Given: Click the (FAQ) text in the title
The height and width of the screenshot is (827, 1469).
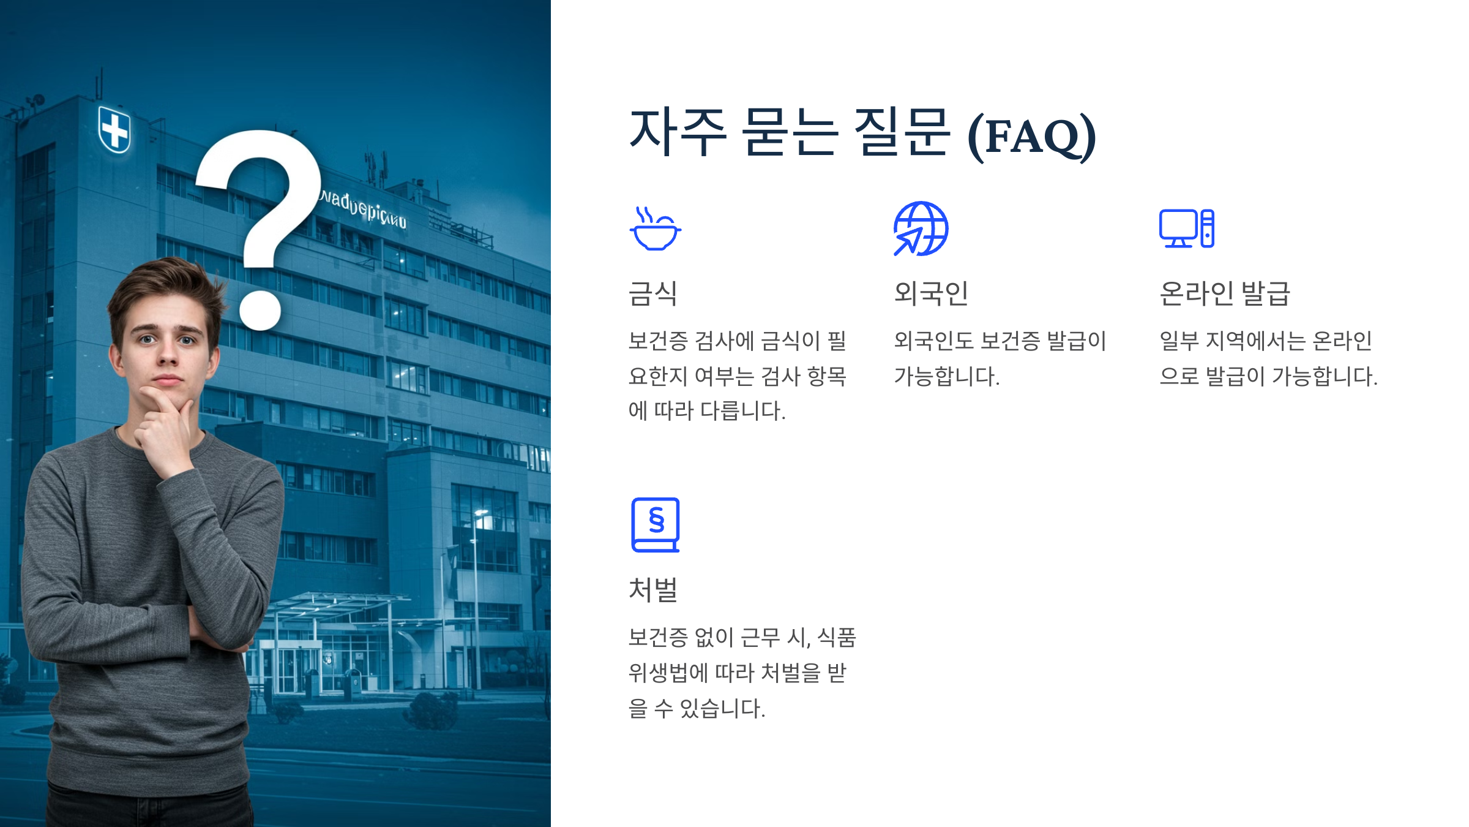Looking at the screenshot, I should coord(1031,136).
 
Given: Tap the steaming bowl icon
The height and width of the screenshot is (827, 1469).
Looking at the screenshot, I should coord(655,229).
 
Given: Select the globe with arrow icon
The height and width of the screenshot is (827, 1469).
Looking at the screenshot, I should coord(921,228).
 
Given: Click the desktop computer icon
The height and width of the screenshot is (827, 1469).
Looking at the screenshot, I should coord(1186,228).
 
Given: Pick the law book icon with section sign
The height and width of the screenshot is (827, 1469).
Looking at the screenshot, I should coord(656,525).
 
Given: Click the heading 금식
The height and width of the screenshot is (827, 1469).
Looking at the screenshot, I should coord(653,293).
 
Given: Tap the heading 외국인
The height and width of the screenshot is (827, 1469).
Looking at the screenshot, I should coord(931,293).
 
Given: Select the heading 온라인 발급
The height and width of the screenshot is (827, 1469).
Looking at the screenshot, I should coord(1225,293).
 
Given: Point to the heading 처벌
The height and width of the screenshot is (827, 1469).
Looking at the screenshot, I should coord(653,590).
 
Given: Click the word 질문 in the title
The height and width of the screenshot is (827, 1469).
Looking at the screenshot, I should coord(902,132).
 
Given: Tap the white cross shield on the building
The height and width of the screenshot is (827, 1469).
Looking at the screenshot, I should coord(114,129).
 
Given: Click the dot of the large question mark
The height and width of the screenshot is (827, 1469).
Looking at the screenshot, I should coord(260,310).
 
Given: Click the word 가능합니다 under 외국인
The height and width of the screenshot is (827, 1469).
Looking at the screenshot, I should coord(946,376).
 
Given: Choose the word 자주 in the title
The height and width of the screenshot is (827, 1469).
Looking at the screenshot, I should coord(678,132).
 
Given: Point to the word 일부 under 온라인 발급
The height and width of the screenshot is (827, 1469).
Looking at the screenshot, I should coord(1179,341).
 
